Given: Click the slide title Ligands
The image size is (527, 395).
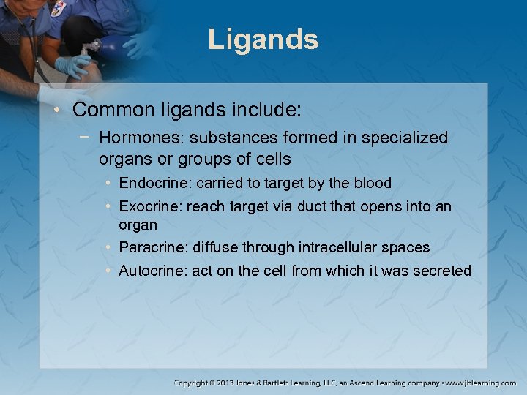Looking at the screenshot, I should point(263,39).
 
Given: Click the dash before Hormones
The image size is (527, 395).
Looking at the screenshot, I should point(88,138).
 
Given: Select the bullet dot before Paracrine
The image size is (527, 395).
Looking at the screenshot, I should point(108,247).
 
